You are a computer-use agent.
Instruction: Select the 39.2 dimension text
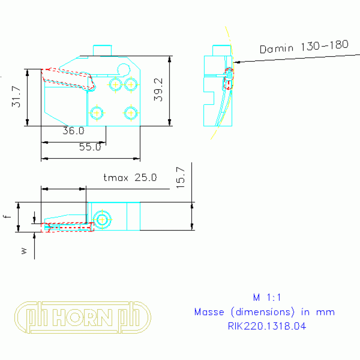click(158, 90)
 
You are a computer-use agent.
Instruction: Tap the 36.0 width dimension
click(73, 131)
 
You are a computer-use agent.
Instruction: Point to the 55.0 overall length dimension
click(90, 147)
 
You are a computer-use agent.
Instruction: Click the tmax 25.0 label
click(130, 177)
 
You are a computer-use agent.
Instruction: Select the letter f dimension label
click(6, 216)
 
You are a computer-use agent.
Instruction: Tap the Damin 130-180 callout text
click(304, 46)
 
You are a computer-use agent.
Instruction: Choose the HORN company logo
click(83, 317)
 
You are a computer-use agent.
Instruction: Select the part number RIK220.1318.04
click(264, 326)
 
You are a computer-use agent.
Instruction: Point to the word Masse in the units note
click(209, 312)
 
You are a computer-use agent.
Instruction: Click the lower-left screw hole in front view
click(97, 113)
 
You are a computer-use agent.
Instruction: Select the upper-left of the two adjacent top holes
click(115, 84)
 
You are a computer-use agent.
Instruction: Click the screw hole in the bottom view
click(102, 219)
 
